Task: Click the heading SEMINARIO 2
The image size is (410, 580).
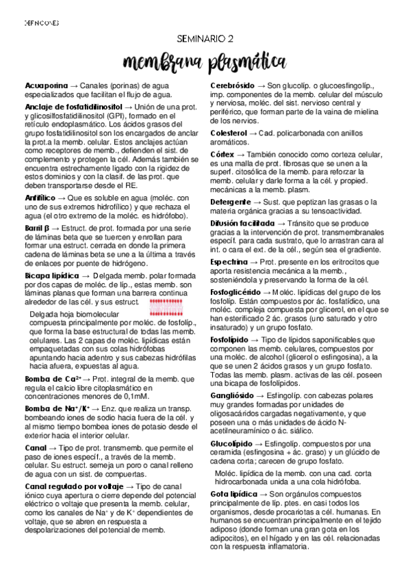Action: pyautogui.click(x=205, y=40)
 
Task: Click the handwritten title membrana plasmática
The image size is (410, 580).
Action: pyautogui.click(x=205, y=63)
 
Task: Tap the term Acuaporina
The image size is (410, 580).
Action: pyautogui.click(x=43, y=84)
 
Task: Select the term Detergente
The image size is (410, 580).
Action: pyautogui.click(x=229, y=203)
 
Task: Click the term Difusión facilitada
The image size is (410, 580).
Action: pyautogui.click(x=243, y=223)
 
